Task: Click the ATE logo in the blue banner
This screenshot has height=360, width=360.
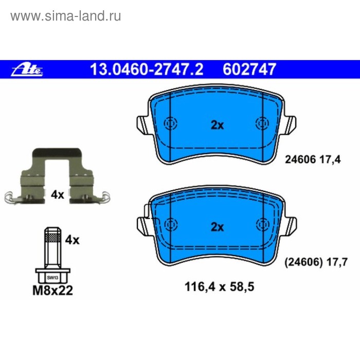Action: [27, 69]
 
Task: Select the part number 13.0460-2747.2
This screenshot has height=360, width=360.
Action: [147, 69]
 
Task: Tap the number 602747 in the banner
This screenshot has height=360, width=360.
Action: [249, 69]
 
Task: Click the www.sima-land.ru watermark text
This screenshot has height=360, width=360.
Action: [66, 16]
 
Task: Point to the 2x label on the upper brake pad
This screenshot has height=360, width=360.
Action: [217, 125]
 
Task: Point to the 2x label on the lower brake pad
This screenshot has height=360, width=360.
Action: [217, 227]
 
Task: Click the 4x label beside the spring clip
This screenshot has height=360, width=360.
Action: [58, 195]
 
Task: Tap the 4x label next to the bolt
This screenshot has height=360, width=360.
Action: [73, 240]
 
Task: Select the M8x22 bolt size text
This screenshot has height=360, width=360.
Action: [53, 291]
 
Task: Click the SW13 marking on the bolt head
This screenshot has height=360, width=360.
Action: [52, 278]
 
